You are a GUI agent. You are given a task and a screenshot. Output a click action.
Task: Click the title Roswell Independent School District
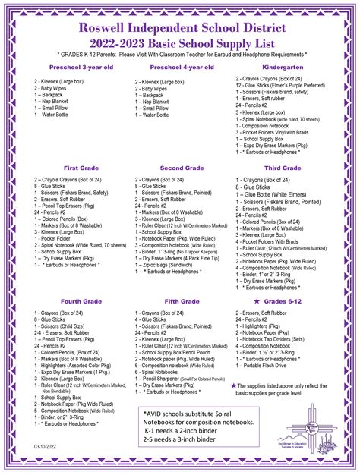click(x=180, y=27)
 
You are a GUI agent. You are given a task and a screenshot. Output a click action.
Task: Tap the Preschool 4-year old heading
click(x=177, y=68)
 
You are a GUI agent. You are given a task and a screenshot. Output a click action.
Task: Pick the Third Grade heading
click(x=283, y=168)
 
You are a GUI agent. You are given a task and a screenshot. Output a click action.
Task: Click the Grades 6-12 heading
click(x=287, y=301)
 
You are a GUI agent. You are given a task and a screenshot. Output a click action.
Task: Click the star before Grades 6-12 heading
click(x=257, y=301)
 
